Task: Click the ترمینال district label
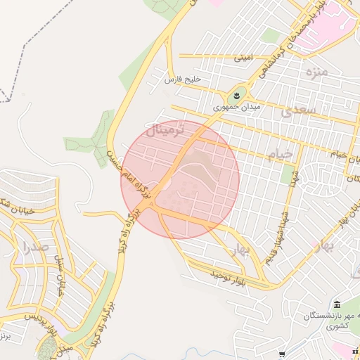point(167,130)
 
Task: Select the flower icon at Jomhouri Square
point(237,95)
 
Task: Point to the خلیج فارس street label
point(183,80)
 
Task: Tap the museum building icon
point(337,304)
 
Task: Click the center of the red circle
point(181,179)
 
